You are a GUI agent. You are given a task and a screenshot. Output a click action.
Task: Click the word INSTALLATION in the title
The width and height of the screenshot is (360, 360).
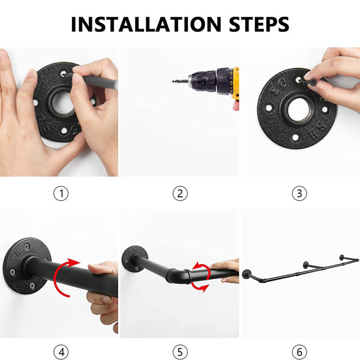click(146, 24)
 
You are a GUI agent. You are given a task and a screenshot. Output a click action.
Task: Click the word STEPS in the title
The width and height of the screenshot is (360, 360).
click(259, 24)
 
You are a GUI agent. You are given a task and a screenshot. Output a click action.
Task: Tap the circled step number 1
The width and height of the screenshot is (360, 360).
click(61, 193)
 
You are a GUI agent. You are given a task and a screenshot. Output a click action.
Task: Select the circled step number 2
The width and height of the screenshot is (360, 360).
click(180, 193)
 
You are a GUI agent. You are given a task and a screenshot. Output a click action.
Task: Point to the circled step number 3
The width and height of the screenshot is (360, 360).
click(299, 193)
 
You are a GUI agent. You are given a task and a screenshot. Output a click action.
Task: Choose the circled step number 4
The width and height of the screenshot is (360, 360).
click(61, 352)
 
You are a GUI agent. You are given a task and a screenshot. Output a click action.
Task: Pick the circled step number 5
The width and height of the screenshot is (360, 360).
click(180, 352)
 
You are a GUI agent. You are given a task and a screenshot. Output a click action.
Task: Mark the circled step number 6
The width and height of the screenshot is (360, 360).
click(299, 352)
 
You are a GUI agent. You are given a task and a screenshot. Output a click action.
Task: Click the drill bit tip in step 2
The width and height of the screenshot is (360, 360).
click(173, 81)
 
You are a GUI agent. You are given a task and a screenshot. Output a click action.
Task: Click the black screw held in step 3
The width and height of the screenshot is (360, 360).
click(309, 82)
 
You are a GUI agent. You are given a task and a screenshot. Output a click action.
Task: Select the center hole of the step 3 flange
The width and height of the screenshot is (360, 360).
click(298, 110)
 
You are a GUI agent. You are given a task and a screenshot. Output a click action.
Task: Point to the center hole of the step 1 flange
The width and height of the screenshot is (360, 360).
click(62, 103)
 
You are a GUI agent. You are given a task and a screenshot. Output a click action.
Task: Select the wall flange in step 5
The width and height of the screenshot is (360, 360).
click(135, 257)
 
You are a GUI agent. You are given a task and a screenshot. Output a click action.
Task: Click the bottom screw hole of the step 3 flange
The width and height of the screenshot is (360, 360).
click(295, 137)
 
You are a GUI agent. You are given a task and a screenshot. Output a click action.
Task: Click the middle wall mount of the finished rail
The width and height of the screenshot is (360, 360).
click(306, 265)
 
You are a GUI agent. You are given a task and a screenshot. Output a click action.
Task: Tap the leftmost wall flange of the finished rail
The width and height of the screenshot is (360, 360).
click(247, 273)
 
